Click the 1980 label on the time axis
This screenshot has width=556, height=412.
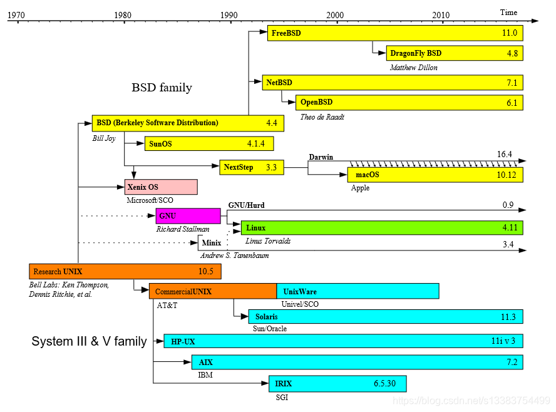pyautogui.click(x=123, y=14)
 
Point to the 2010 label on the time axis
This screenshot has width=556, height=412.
pyautogui.click(x=441, y=14)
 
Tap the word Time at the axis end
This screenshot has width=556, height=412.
pyautogui.click(x=508, y=13)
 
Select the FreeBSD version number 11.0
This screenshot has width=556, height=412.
pyautogui.click(x=510, y=33)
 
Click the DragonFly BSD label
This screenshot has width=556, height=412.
pyautogui.click(x=416, y=53)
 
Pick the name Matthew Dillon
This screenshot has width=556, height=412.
pyautogui.click(x=413, y=67)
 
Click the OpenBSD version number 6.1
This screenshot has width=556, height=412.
pyautogui.click(x=512, y=103)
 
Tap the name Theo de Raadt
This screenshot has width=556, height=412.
pyautogui.click(x=323, y=116)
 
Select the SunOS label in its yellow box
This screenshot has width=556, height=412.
pyautogui.click(x=160, y=144)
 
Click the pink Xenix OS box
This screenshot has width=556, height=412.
pyautogui.click(x=161, y=187)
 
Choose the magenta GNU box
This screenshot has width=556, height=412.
pyautogui.click(x=188, y=216)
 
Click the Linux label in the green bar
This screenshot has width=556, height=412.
pyautogui.click(x=255, y=228)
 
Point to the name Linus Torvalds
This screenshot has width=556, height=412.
pyautogui.click(x=267, y=241)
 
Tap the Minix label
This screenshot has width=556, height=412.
pyautogui.click(x=211, y=242)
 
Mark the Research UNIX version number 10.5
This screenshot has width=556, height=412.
pyautogui.click(x=206, y=272)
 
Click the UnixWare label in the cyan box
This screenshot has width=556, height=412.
pyautogui.click(x=300, y=292)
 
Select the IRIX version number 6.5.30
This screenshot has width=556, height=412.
pyautogui.click(x=384, y=383)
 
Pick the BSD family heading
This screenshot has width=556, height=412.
pyautogui.click(x=162, y=88)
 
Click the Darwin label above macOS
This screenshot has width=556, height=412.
pyautogui.click(x=321, y=157)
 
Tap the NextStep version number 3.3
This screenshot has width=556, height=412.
pyautogui.click(x=271, y=167)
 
